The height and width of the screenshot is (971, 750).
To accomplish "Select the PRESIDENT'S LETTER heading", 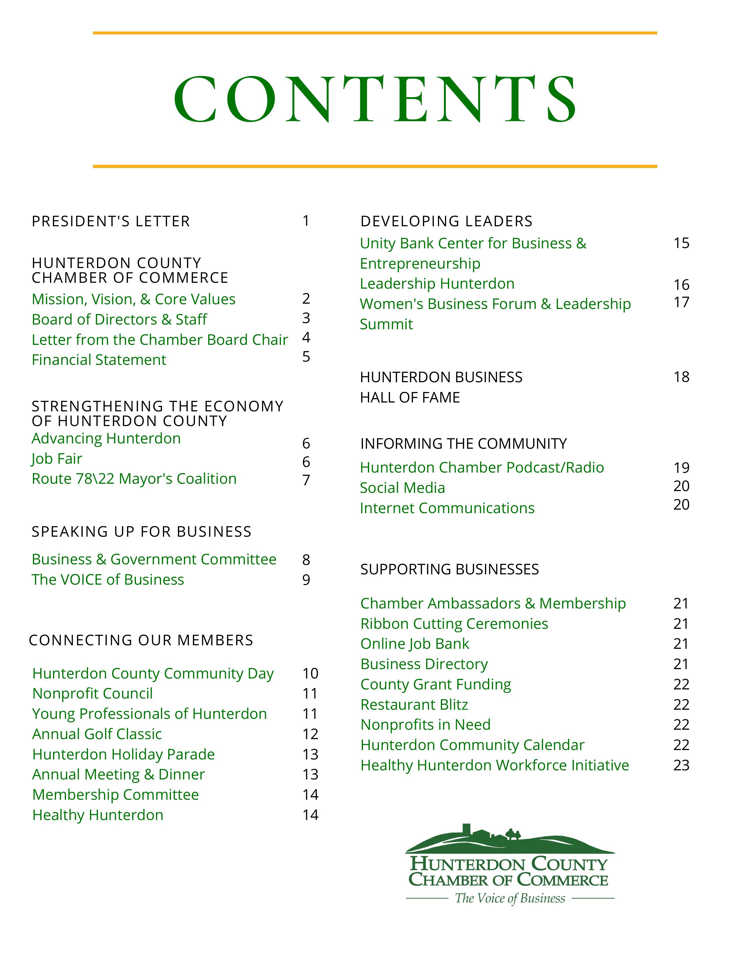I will pyautogui.click(x=111, y=221).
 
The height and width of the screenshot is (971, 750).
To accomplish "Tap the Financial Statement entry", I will pyautogui.click(x=99, y=360).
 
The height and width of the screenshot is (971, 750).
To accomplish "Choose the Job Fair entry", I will pyautogui.click(x=57, y=459).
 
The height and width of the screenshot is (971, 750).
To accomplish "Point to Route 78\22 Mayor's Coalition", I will pyautogui.click(x=134, y=479).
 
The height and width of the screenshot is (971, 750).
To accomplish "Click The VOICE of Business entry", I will pyautogui.click(x=108, y=580).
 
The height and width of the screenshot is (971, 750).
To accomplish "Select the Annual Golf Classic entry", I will pyautogui.click(x=97, y=734).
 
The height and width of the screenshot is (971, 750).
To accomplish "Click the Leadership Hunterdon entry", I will pyautogui.click(x=437, y=284).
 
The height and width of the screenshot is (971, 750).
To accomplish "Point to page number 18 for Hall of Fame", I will pyautogui.click(x=681, y=377).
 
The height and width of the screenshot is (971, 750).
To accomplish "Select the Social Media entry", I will pyautogui.click(x=402, y=488).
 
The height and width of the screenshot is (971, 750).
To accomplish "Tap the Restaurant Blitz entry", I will pyautogui.click(x=414, y=705).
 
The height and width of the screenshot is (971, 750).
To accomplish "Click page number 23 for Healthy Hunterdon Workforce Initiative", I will pyautogui.click(x=681, y=765).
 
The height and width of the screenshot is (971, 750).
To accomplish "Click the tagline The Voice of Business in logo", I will pyautogui.click(x=510, y=899).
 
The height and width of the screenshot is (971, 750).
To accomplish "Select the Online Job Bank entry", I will pyautogui.click(x=414, y=644).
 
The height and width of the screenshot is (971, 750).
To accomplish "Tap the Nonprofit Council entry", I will pyautogui.click(x=92, y=694).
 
